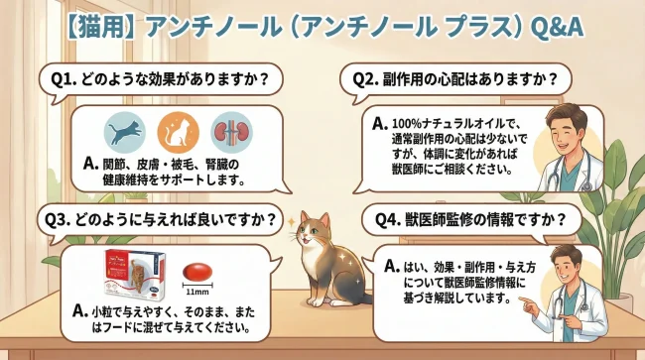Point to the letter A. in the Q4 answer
tap(391, 267)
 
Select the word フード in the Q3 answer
tap(138, 326)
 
